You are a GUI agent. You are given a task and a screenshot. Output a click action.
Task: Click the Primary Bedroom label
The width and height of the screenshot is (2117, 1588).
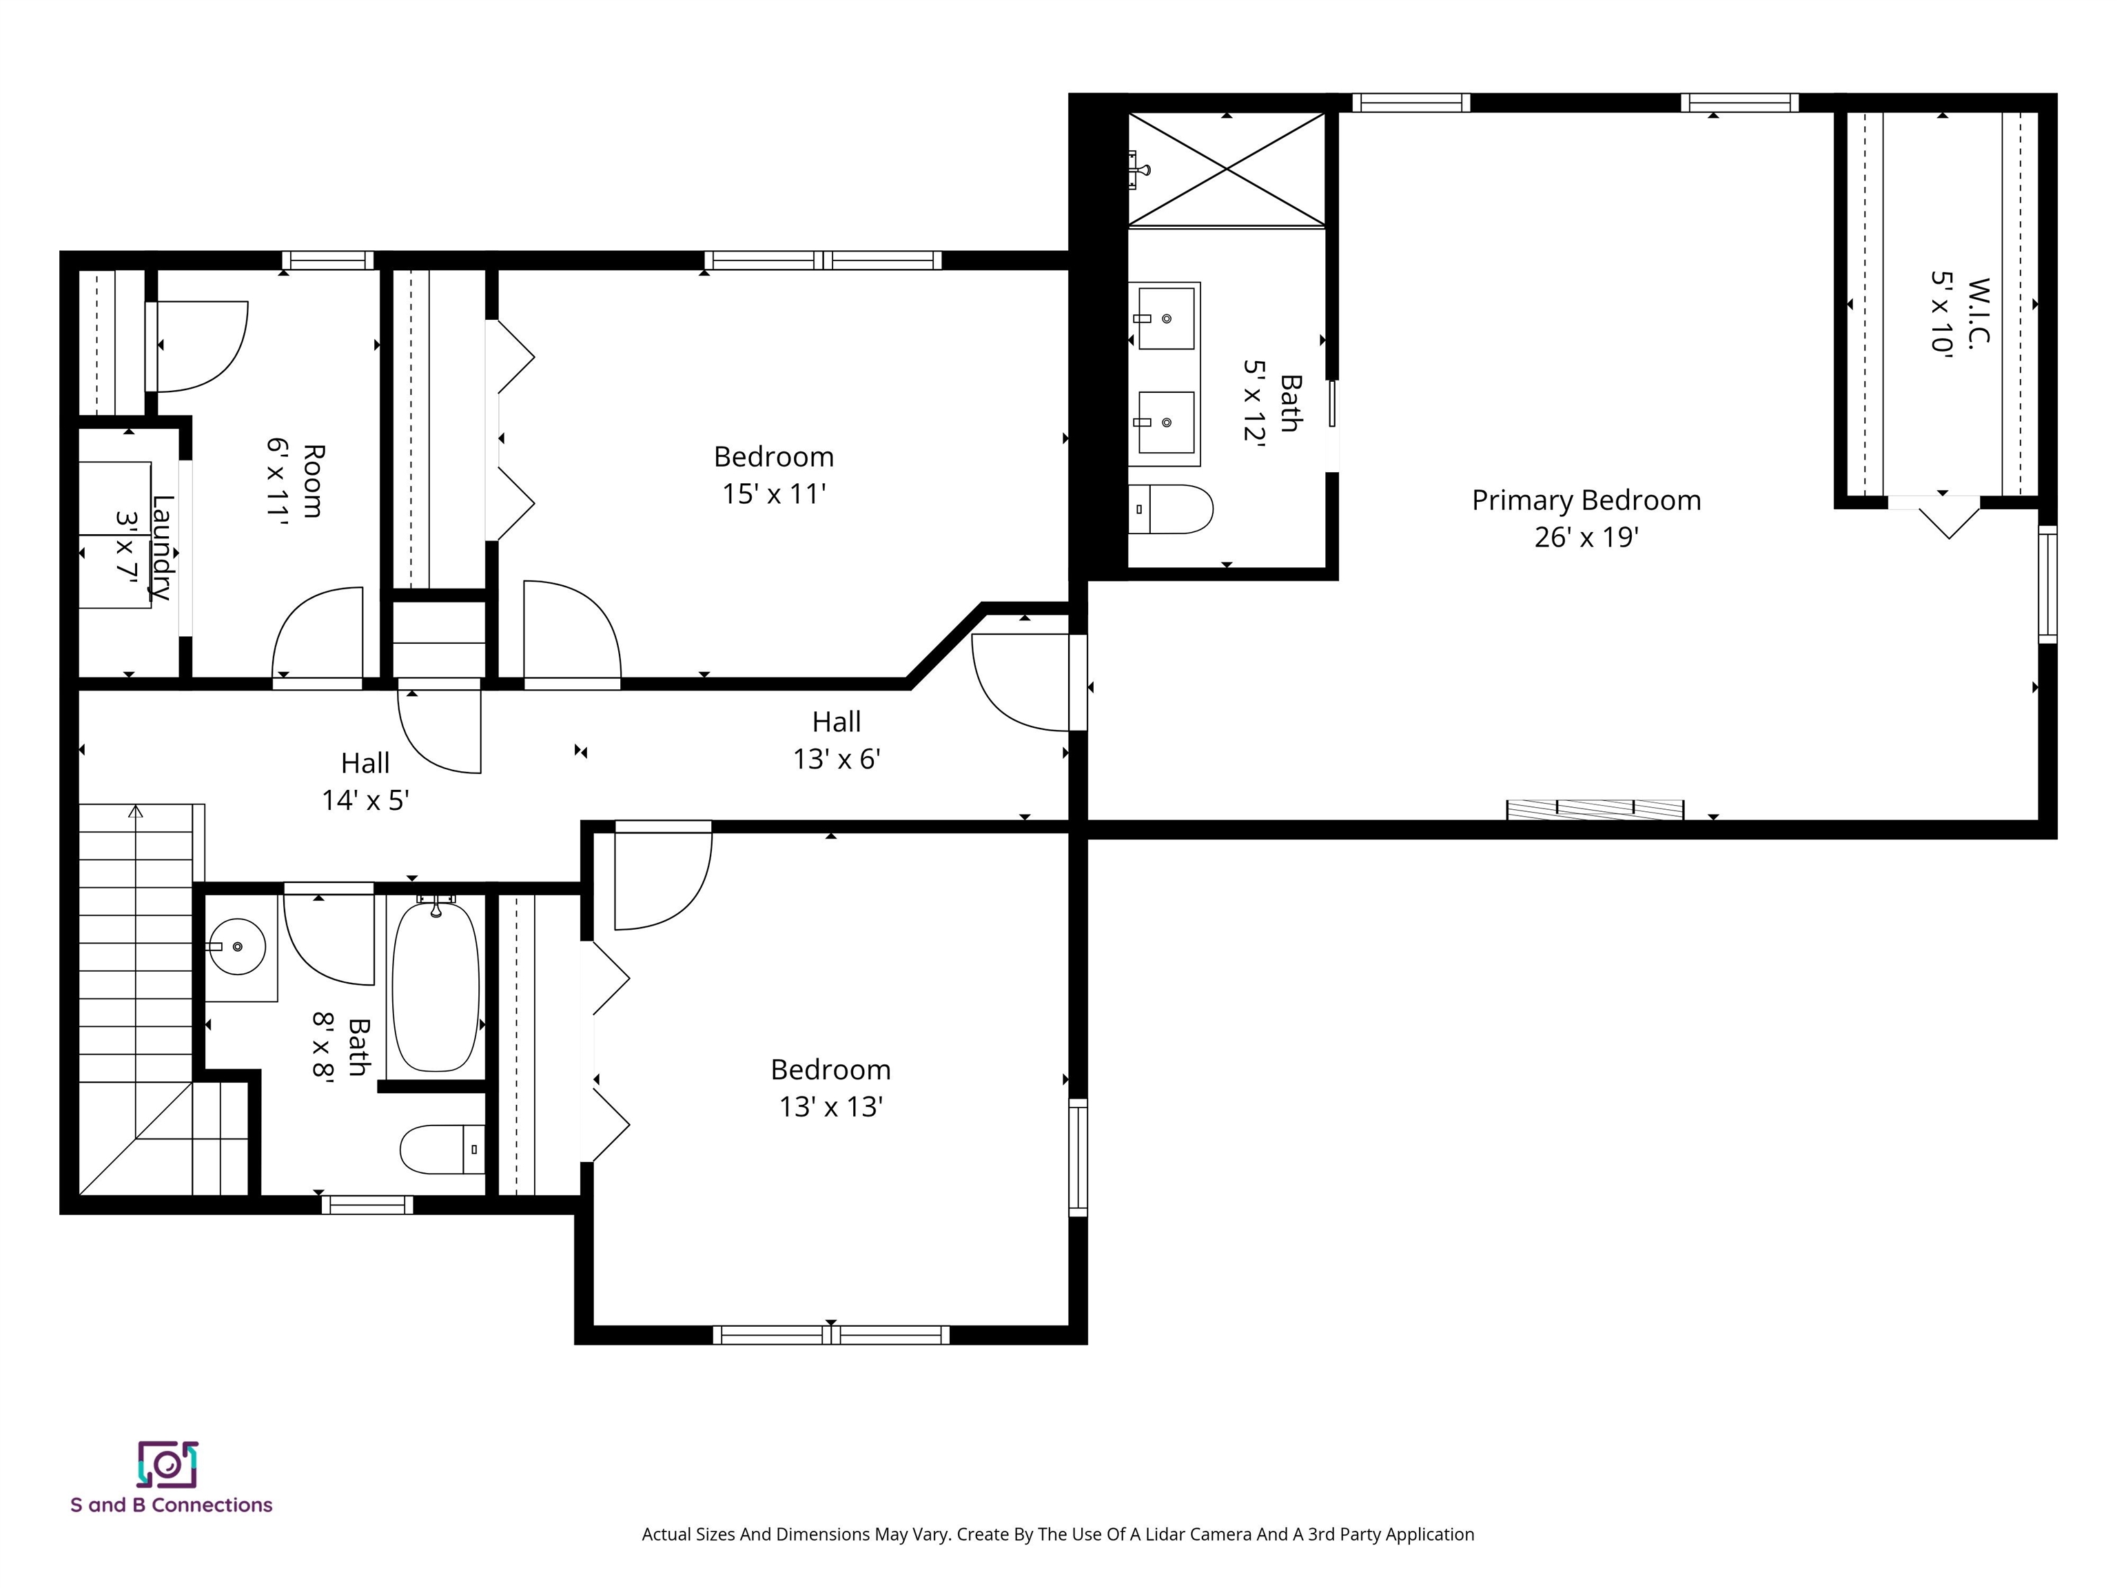(x=1586, y=500)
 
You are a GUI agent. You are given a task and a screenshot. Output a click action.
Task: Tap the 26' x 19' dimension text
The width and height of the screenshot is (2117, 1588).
(x=1586, y=538)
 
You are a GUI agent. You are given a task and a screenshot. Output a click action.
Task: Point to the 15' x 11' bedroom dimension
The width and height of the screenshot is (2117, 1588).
(x=773, y=494)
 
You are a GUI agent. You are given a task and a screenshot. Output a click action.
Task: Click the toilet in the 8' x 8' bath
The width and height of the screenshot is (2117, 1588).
(x=440, y=1149)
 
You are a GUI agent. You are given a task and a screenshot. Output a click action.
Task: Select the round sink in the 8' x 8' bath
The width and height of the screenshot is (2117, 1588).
(x=236, y=947)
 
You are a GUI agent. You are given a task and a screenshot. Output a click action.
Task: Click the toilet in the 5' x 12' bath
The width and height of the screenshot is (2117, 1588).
(x=1172, y=508)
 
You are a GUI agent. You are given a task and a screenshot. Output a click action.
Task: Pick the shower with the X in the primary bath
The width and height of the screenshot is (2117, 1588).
(x=1227, y=170)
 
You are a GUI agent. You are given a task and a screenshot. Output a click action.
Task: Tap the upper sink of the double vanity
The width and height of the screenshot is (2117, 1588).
(x=1165, y=318)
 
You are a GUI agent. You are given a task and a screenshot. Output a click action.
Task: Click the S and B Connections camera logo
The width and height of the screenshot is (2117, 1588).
(x=167, y=1465)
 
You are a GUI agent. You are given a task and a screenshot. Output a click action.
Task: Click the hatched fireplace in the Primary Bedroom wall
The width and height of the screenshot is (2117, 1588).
(x=1595, y=810)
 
